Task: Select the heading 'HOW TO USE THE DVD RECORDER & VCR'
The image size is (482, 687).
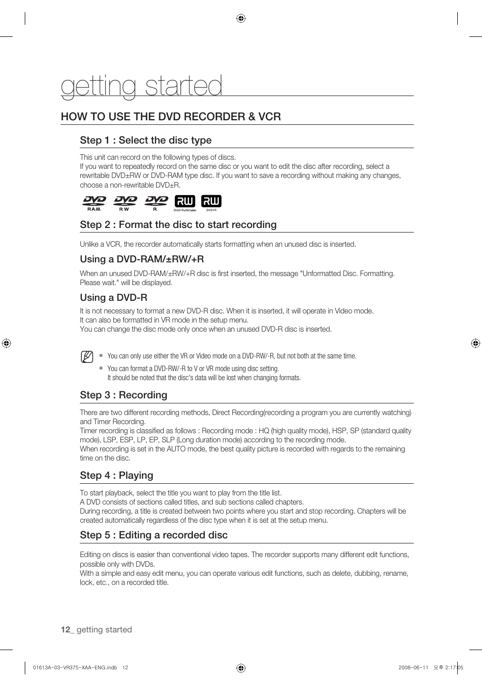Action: coord(171,117)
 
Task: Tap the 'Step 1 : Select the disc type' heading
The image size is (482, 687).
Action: coord(146,141)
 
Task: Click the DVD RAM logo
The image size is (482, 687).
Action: coord(94,203)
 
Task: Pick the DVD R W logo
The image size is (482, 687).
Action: coord(125,203)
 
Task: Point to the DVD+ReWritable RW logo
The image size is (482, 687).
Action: coord(185,203)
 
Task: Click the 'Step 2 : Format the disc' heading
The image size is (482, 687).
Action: coord(178,225)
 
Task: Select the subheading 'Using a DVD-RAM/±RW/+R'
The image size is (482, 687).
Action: coord(141,259)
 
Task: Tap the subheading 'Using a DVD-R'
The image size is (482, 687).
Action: coord(114,298)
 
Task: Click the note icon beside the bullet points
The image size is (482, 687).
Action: coord(87,357)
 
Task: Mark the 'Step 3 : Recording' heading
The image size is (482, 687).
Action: coord(123,395)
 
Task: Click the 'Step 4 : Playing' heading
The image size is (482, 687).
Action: coord(116,476)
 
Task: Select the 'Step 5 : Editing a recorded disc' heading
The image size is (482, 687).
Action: coord(154,535)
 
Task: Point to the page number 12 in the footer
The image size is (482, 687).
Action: coord(65,630)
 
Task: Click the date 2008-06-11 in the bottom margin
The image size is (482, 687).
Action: coord(413,667)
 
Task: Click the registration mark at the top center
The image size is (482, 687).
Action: coord(241,19)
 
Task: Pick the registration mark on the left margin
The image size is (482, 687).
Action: coord(6,343)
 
